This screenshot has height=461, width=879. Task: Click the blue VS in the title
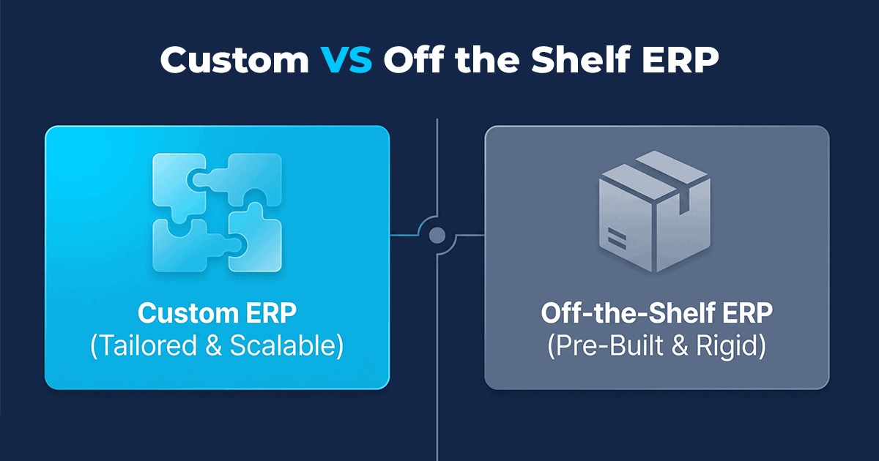coord(346,60)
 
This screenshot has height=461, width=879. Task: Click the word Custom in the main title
coord(234,60)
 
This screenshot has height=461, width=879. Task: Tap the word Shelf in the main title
coord(581,59)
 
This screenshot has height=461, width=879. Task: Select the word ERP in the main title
coord(680,59)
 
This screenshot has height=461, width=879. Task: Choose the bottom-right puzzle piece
coord(255,239)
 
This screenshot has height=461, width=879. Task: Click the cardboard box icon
coord(655,211)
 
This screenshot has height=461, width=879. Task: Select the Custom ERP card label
coord(217,313)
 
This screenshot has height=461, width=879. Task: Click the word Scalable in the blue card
coord(286,345)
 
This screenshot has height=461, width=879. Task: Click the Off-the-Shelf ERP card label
coord(656,313)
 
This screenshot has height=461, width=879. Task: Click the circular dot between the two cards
coord(437,236)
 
